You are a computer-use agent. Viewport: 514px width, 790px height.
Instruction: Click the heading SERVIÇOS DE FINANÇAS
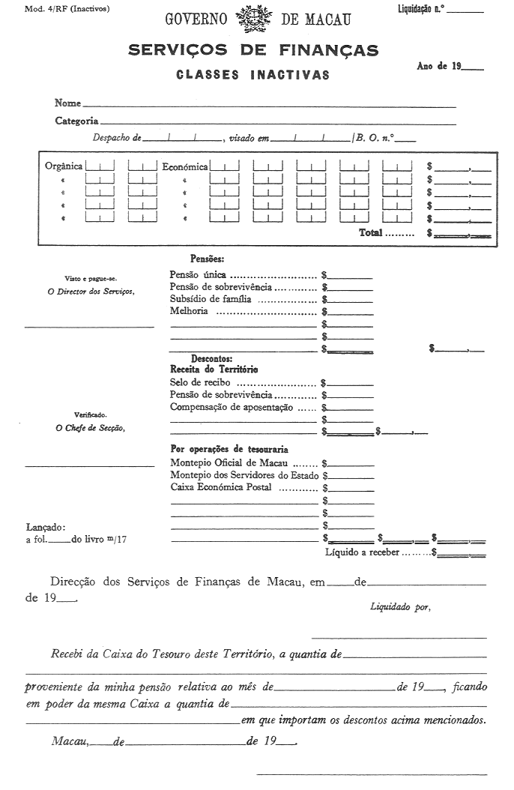(253, 51)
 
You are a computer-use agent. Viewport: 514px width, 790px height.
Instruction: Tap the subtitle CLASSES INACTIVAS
(253, 75)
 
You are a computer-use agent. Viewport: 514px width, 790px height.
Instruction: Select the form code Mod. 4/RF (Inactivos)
(56, 9)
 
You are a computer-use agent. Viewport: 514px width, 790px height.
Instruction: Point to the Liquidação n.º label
(423, 9)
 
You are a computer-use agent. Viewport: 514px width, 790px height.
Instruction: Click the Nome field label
(67, 103)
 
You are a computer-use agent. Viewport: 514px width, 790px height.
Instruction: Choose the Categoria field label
(76, 120)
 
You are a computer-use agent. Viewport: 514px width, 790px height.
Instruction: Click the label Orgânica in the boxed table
(64, 166)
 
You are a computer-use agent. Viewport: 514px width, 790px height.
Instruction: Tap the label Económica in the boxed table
(185, 166)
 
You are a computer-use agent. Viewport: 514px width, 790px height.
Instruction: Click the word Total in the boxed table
(371, 233)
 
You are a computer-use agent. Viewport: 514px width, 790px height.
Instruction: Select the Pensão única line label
(199, 274)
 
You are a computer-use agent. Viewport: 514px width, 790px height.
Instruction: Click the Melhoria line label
(190, 311)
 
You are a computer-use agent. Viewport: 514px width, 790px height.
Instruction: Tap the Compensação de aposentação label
(232, 407)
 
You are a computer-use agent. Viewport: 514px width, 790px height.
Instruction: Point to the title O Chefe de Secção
(91, 428)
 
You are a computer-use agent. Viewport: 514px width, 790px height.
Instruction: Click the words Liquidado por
(401, 606)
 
